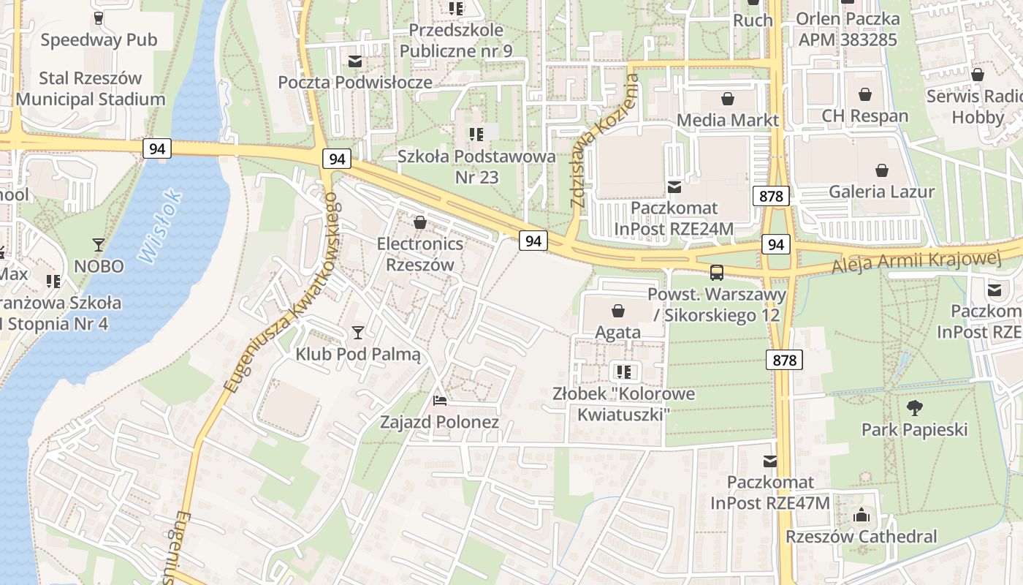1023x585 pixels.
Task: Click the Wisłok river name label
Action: (159, 227)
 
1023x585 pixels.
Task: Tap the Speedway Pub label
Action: (99, 39)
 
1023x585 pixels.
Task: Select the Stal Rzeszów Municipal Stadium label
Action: (91, 88)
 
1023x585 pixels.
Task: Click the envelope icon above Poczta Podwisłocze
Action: (355, 61)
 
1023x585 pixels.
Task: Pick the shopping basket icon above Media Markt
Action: (728, 98)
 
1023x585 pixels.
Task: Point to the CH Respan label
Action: (865, 116)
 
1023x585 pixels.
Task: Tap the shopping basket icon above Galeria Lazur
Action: (882, 170)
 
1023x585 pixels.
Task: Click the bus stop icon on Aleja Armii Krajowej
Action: (717, 273)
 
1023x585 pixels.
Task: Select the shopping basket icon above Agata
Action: (618, 311)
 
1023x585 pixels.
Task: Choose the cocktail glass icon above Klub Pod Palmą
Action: (357, 333)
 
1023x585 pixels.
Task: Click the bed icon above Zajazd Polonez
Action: (439, 400)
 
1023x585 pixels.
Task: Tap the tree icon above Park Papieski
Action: (914, 407)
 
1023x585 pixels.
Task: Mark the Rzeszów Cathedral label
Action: (861, 536)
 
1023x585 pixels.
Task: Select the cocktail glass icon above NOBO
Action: (99, 244)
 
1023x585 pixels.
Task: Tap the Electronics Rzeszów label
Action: (420, 254)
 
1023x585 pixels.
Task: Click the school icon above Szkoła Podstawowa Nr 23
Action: (476, 134)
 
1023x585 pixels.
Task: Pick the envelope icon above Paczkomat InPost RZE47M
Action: (770, 461)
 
